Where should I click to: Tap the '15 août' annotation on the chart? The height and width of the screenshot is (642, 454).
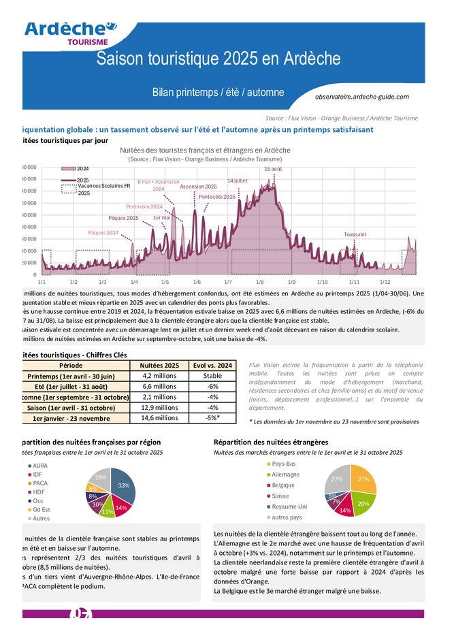[x=273, y=169]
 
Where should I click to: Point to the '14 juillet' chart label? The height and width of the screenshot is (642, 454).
[x=238, y=180]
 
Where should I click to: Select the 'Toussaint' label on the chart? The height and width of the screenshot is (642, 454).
[x=355, y=234]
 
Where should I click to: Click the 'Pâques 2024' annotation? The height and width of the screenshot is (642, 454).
[x=103, y=233]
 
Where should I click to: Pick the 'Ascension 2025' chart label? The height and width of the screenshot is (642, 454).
[x=198, y=187]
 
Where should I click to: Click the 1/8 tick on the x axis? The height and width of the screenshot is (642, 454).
[x=260, y=281]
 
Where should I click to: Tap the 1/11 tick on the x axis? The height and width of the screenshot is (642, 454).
[x=354, y=281]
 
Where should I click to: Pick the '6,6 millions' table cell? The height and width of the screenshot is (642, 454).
[x=159, y=386]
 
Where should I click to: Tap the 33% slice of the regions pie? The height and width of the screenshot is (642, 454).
[x=124, y=485]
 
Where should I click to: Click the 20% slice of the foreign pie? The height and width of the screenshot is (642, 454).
[x=363, y=502]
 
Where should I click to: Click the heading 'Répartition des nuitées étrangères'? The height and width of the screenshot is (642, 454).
[x=271, y=442]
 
